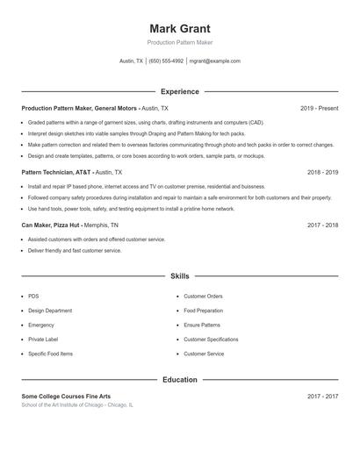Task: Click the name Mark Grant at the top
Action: click(x=179, y=28)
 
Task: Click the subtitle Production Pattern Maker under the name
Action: click(x=179, y=42)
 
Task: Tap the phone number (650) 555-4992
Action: click(x=166, y=61)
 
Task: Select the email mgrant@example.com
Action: click(x=215, y=61)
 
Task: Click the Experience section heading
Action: click(x=179, y=91)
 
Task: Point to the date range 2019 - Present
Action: click(x=319, y=108)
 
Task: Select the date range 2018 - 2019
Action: click(x=322, y=173)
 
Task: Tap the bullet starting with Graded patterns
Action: click(x=145, y=123)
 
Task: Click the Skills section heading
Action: click(x=179, y=276)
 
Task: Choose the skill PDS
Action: click(x=33, y=297)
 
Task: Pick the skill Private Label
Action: click(x=42, y=340)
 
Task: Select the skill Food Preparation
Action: click(x=203, y=311)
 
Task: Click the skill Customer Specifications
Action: click(x=211, y=340)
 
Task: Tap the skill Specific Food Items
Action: click(x=50, y=354)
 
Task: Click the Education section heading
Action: click(x=179, y=380)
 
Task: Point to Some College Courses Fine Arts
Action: click(x=66, y=397)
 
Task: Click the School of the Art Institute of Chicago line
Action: click(x=77, y=405)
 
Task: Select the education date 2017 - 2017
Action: click(x=322, y=397)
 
